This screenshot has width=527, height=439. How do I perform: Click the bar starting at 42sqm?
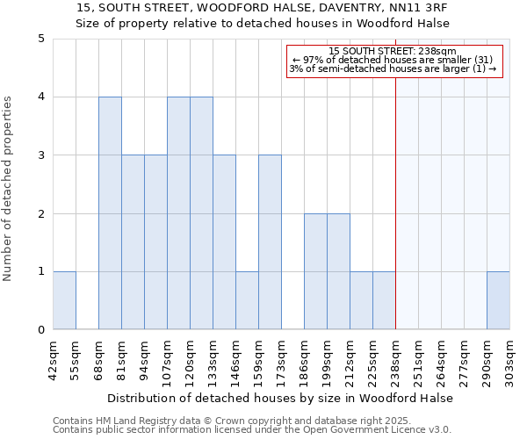point(64,300)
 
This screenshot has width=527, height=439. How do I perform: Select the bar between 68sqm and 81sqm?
point(110,213)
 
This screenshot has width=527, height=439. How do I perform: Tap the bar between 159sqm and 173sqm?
point(270,242)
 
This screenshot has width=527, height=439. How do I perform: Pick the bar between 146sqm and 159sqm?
point(247,300)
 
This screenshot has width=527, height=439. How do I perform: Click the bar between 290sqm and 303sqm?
point(498,300)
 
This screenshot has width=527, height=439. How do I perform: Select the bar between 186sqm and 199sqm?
point(315,271)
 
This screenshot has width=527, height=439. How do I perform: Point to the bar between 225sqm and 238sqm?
point(384,300)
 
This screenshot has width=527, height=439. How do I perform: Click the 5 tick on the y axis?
point(40,39)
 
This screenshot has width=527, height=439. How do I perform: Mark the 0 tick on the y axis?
point(40,330)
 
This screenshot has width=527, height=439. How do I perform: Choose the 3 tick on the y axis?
point(40,155)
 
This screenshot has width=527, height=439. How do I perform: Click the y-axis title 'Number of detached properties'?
point(9,189)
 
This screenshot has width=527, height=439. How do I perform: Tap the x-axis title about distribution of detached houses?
point(281,398)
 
